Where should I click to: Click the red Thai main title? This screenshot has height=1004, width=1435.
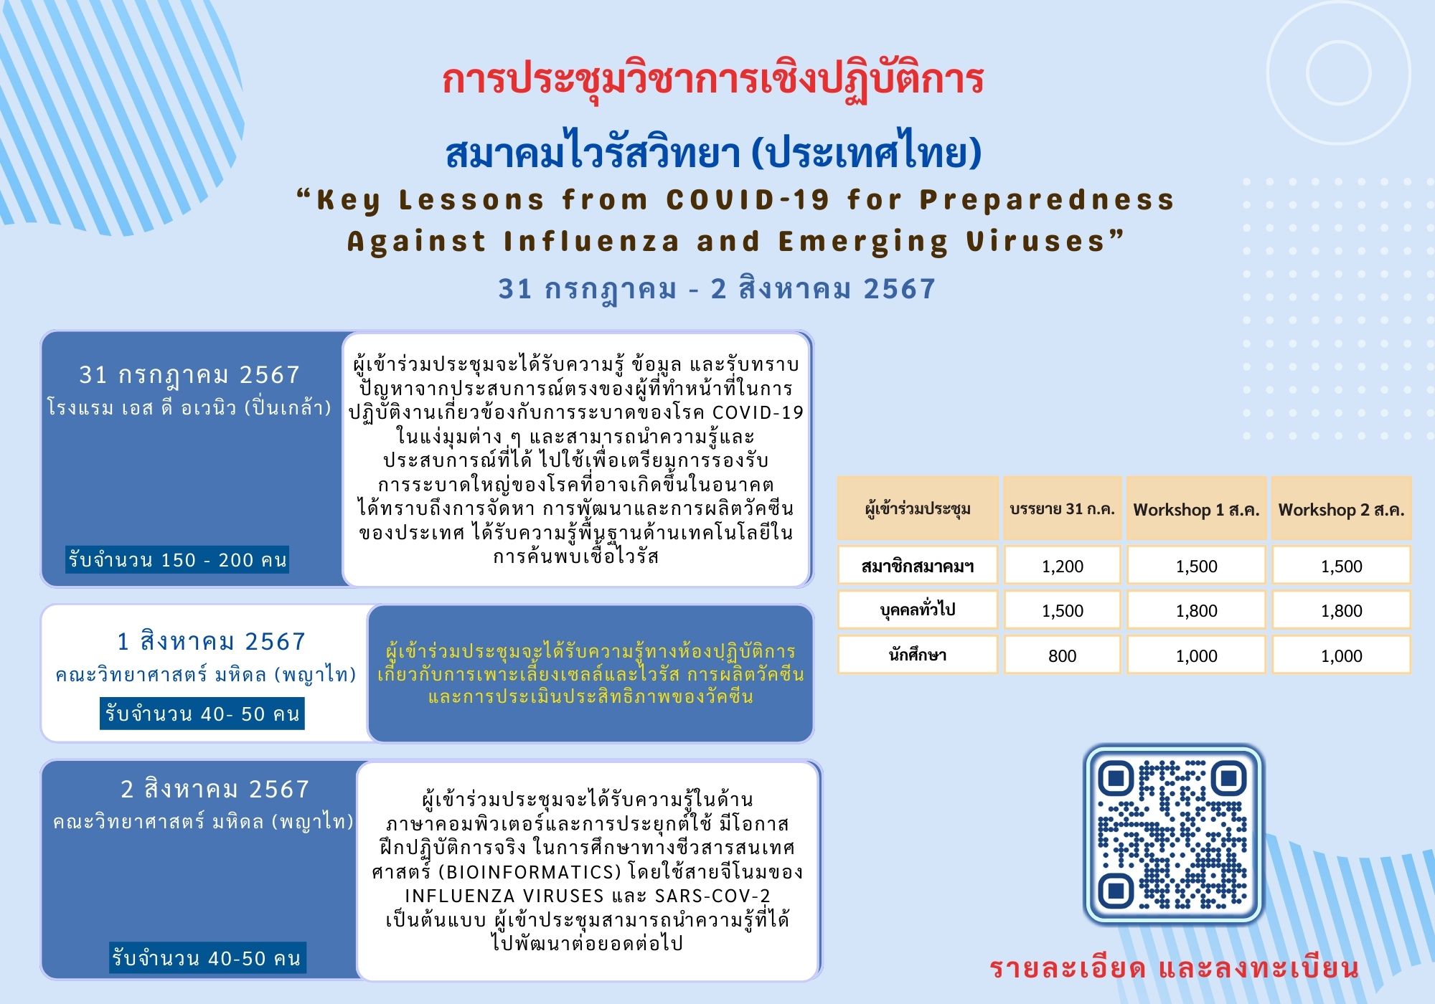coord(712,80)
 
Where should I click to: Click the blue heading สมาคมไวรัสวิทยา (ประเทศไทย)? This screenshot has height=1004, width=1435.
coord(713,152)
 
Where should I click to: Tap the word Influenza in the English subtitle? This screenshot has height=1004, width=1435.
coord(591,242)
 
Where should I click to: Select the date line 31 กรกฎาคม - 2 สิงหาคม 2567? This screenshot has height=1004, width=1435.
coord(717,289)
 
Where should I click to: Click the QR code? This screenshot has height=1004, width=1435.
coord(1173,834)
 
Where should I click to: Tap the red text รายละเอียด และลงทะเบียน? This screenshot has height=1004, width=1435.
coord(1175,968)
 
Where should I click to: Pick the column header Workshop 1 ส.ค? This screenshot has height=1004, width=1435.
coord(1196,509)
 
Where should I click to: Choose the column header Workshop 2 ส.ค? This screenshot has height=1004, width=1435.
coord(1341,509)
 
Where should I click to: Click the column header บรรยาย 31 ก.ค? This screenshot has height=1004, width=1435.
coord(1062,509)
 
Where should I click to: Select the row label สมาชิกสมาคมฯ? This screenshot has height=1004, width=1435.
coord(918,566)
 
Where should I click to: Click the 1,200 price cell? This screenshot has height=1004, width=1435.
coord(1062,566)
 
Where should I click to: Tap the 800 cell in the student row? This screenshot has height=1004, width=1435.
coord(1062,655)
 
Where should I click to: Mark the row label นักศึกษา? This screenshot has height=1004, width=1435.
coord(918,655)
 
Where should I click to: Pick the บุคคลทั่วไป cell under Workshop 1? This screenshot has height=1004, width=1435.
coord(1196,610)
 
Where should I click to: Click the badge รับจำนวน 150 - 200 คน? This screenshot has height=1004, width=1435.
coord(177,559)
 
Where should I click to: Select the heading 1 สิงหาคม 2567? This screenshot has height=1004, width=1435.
coord(212,641)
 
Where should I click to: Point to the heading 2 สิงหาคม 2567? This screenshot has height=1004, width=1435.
coord(215,789)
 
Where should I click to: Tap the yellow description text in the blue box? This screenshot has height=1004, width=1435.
coord(591,673)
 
